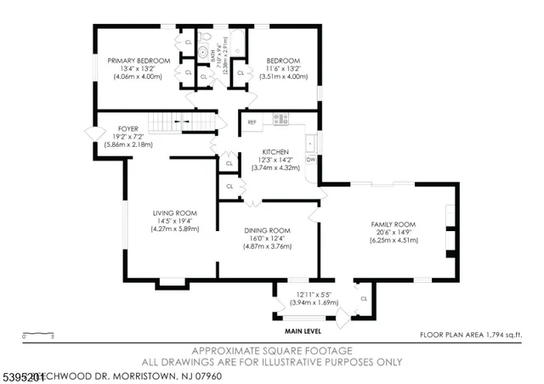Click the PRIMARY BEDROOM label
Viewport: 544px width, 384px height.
pyautogui.click(x=139, y=61)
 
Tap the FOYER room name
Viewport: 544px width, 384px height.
pyautogui.click(x=128, y=129)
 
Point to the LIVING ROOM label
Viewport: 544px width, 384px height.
pyautogui.click(x=174, y=212)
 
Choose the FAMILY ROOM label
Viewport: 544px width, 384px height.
pyautogui.click(x=390, y=224)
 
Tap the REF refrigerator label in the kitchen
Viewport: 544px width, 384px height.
pyautogui.click(x=252, y=122)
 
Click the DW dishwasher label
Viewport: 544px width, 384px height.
pyautogui.click(x=311, y=160)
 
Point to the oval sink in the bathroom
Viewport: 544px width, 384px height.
pyautogui.click(x=203, y=52)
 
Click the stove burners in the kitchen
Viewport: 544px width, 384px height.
pyautogui.click(x=280, y=120)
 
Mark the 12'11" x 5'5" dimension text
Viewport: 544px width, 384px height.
pyautogui.click(x=314, y=295)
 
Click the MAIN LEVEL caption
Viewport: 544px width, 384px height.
pyautogui.click(x=304, y=331)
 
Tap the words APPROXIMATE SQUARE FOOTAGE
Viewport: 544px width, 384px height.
pyautogui.click(x=272, y=350)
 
